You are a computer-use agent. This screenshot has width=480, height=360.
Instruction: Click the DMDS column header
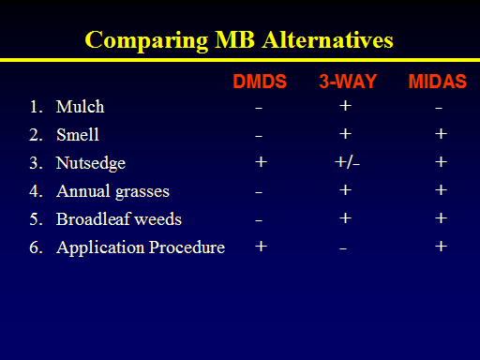[260, 82]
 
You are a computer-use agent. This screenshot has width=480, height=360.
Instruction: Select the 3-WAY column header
[348, 82]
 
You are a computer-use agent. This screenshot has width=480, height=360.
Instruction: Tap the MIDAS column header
[438, 82]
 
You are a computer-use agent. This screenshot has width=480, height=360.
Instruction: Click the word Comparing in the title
[146, 40]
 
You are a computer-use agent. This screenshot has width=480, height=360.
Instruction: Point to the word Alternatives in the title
[328, 39]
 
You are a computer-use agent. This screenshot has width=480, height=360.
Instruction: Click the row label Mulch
[80, 107]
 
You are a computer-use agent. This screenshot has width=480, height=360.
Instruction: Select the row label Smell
[78, 135]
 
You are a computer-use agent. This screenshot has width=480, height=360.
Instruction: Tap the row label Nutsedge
[91, 163]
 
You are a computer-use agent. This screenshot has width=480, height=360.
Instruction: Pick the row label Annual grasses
[112, 191]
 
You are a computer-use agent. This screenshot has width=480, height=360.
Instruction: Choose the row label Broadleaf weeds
[119, 218]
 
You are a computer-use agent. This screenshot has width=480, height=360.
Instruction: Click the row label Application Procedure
[141, 247]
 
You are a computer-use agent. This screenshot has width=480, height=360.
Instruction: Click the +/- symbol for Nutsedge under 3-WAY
[347, 162]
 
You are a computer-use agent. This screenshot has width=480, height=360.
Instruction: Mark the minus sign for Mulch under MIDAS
[439, 108]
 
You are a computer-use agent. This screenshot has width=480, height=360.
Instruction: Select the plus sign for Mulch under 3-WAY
[345, 106]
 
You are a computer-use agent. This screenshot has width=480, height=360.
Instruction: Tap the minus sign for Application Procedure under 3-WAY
[343, 248]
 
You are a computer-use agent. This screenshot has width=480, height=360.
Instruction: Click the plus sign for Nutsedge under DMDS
[261, 162]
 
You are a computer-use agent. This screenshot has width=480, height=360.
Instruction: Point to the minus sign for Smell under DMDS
[259, 136]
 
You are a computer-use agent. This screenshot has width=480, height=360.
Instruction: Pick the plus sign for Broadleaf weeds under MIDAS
[441, 218]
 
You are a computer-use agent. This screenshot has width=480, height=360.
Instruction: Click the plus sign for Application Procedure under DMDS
[261, 247]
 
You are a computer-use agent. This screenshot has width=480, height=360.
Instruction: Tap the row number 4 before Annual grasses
[34, 191]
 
